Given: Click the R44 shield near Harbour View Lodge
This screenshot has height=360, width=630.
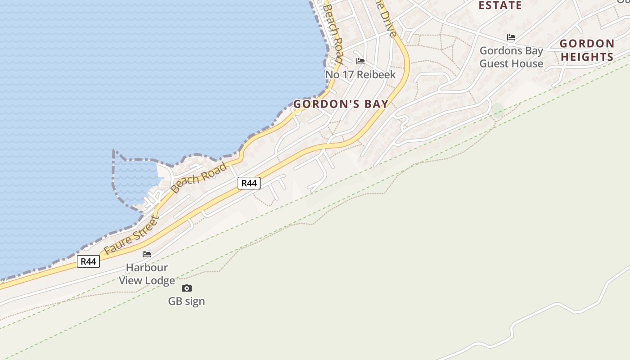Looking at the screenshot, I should click(x=88, y=261).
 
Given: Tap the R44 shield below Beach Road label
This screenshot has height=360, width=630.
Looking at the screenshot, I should click(x=249, y=183).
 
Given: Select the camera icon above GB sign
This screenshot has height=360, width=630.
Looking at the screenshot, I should click(x=187, y=288).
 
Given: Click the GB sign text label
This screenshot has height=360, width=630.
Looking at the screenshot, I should click(x=186, y=301).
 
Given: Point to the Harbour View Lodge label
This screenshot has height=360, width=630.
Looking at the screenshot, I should click(x=147, y=274).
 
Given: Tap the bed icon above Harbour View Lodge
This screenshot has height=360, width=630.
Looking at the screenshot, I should click(x=147, y=254).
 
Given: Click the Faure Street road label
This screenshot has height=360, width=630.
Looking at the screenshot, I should click(x=131, y=236).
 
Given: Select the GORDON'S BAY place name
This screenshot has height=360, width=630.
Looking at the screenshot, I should click(x=341, y=104).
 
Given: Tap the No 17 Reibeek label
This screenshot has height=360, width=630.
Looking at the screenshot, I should click(x=360, y=75).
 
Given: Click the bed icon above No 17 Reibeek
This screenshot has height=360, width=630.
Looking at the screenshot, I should click(x=360, y=61).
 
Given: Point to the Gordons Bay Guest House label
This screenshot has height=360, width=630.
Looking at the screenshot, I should click(x=511, y=57).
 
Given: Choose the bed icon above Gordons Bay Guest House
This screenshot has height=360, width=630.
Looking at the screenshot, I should click(x=511, y=37).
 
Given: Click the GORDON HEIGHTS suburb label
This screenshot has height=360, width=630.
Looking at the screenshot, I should click(x=587, y=50).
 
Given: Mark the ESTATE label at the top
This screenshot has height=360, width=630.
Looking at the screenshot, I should click(x=500, y=5).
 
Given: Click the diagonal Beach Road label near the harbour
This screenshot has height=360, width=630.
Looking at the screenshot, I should click(x=199, y=178).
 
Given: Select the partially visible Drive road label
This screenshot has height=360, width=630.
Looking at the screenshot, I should click(x=387, y=18).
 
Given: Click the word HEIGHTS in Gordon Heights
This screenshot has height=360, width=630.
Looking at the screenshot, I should click(x=587, y=57).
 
